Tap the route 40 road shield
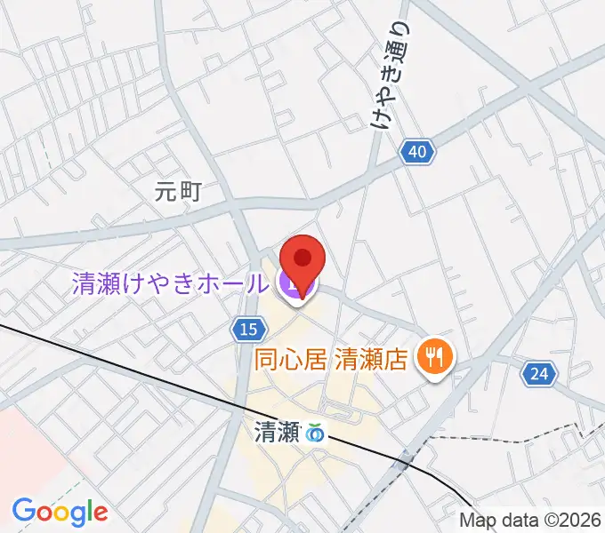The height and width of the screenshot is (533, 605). pos(417,152)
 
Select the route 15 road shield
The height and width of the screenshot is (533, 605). pos(249,330)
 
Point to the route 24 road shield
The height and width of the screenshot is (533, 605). pos(538,375)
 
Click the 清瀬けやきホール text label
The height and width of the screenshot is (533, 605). pos(169,284)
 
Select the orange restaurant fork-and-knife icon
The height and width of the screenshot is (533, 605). pos(435,358)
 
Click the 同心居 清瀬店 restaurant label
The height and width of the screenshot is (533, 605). pos(330,359)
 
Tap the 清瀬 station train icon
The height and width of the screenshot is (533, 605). pos(314,434)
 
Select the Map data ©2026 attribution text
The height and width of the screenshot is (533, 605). pos(531,521)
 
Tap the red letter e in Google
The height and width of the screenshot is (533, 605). pos(100,513)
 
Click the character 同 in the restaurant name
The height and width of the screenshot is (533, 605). pos(265,359)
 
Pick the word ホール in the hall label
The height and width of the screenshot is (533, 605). pos(234,284)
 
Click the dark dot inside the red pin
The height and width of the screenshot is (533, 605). pos(302,258)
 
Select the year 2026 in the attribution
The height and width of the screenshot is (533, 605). pos(583,521)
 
